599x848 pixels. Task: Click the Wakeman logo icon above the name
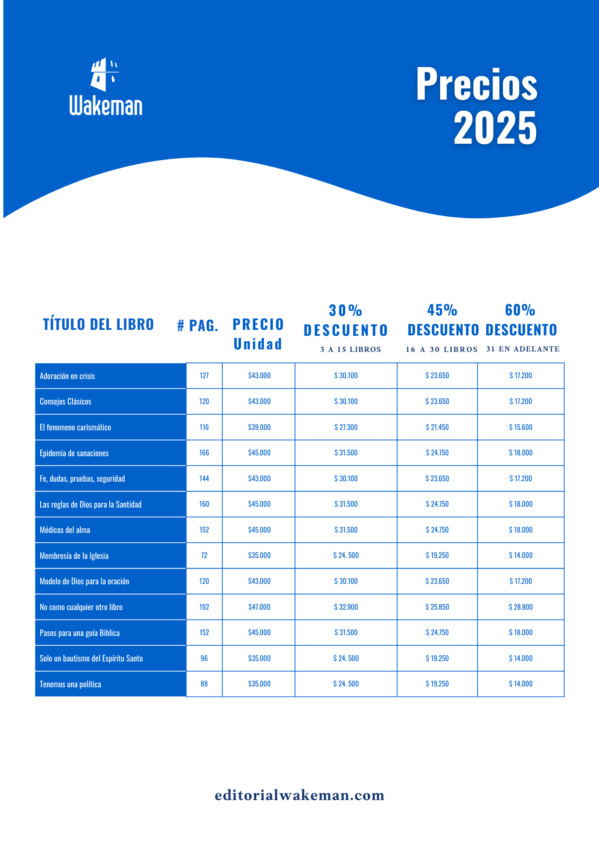point(105,75)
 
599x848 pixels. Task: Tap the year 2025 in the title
point(495,128)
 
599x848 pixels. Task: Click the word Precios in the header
point(477,84)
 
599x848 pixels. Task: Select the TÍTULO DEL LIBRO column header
point(98,324)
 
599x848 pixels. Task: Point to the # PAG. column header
point(197,326)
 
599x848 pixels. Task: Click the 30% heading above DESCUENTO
point(346,310)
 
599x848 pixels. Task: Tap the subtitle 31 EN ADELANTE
point(523,349)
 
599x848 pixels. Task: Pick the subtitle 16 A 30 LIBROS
point(441,349)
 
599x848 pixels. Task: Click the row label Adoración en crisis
point(67,376)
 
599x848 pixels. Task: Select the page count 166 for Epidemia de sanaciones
point(204,453)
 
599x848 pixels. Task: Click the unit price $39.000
point(259,427)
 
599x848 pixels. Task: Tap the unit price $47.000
point(259,607)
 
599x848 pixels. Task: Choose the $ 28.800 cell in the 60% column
point(521,607)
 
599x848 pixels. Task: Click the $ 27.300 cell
point(346,427)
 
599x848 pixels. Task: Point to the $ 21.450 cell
point(437,427)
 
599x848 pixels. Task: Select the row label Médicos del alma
point(65,530)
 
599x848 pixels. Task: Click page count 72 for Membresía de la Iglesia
point(204,555)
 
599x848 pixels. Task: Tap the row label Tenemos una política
point(70,684)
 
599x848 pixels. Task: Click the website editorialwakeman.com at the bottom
point(299,795)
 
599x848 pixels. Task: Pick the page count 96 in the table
point(204,658)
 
